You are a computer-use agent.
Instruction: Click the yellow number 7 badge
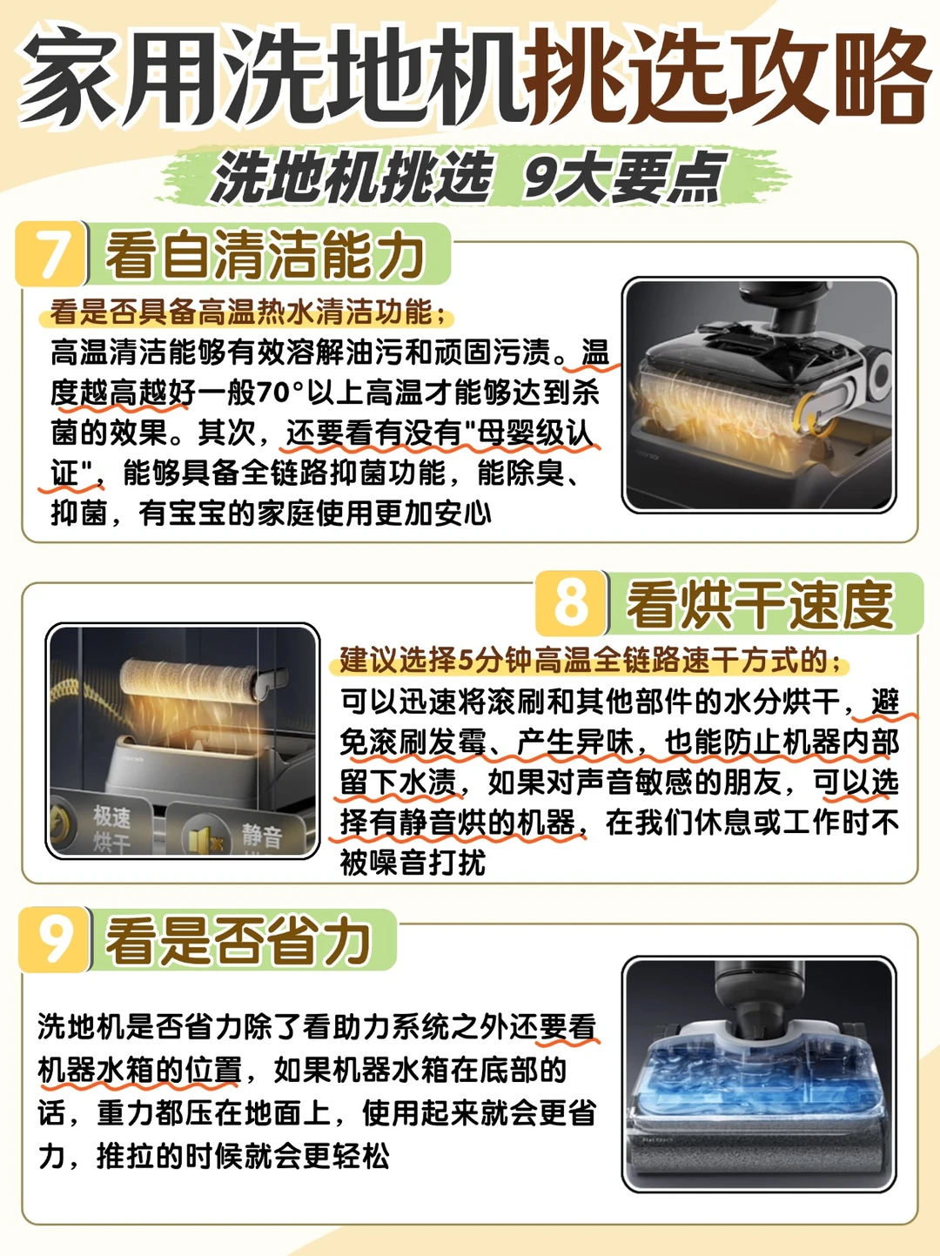pyautogui.click(x=51, y=253)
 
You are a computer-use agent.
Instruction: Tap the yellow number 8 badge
pyautogui.click(x=571, y=603)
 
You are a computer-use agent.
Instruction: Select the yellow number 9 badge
pyautogui.click(x=54, y=939)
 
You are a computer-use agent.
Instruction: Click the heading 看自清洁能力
pyautogui.click(x=265, y=255)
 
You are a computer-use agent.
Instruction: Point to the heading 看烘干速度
pyautogui.click(x=759, y=605)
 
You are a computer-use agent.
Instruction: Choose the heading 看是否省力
pyautogui.click(x=238, y=941)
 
